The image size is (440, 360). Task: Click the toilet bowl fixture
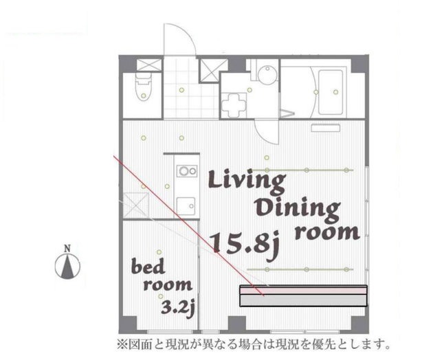point(143,87)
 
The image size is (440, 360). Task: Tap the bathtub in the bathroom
point(331,92)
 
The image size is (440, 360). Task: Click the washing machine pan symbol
point(234,106)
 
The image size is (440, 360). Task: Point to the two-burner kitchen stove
point(186,171)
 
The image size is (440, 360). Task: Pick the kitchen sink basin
point(186,206)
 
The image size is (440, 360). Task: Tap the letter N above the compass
point(67,248)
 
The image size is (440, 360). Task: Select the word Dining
point(297,210)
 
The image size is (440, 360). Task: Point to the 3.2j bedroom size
point(178,308)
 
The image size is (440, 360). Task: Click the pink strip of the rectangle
point(303,291)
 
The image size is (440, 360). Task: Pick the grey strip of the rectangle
point(303,300)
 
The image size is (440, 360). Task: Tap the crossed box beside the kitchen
point(135,205)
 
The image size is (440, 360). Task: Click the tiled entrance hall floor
point(191,89)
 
